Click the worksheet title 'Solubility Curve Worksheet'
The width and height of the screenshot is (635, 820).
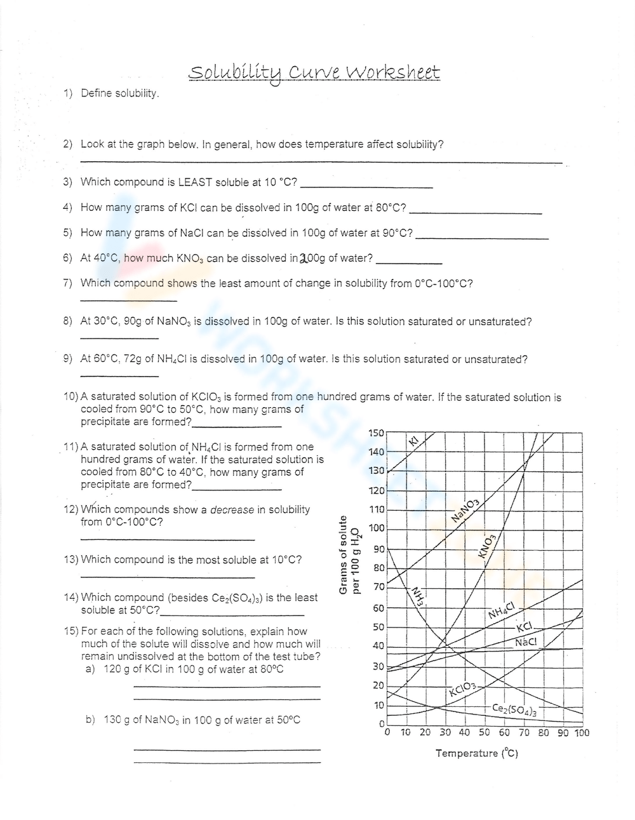click(314, 73)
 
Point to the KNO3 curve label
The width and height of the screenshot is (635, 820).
click(488, 546)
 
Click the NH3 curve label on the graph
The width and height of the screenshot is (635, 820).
click(417, 596)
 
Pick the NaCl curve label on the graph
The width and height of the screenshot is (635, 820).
click(526, 642)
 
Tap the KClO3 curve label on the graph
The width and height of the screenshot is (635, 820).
click(462, 689)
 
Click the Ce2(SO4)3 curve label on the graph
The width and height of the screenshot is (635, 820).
click(514, 709)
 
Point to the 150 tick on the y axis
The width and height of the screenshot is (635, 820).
click(377, 433)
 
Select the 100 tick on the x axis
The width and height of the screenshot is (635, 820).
click(582, 732)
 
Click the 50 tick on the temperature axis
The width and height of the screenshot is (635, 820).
click(484, 732)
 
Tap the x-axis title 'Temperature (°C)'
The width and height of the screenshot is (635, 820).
click(476, 753)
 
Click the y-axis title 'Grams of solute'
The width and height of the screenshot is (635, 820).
click(344, 556)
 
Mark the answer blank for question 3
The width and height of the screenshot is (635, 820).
click(366, 187)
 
